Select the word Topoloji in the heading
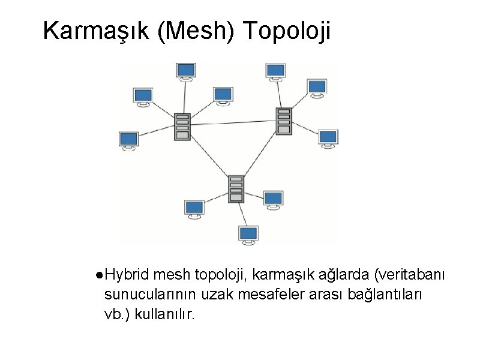pos(287,32)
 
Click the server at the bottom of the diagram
pos(236,188)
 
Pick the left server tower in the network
pos(182,126)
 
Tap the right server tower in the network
pos(284,121)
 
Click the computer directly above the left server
pos(186,70)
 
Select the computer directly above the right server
pos(275,70)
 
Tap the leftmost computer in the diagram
pos(128,140)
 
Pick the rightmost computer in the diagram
pos(328,137)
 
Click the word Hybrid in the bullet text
pos(127,275)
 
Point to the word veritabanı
pos(410,275)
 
